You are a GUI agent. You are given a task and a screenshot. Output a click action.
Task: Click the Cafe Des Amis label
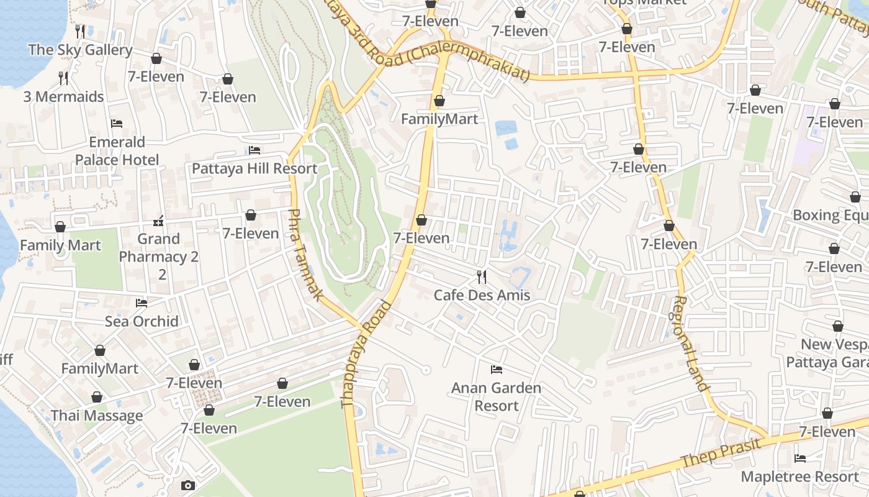(x=482, y=294)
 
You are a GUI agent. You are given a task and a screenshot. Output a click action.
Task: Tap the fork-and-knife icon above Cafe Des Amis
(x=482, y=276)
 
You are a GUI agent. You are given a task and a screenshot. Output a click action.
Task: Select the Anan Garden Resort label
(x=496, y=397)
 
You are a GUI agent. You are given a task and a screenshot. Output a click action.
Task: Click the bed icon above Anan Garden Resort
(x=496, y=370)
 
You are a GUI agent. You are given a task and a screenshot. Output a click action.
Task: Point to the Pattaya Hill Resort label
(x=254, y=168)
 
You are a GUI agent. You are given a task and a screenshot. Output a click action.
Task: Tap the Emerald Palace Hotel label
(x=117, y=151)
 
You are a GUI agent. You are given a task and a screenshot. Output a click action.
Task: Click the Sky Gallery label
(x=80, y=50)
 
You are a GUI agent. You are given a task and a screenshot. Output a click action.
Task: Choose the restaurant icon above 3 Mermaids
(x=63, y=78)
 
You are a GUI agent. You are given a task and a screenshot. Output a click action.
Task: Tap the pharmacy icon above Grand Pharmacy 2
(x=158, y=221)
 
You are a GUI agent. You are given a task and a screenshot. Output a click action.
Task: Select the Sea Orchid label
(x=142, y=321)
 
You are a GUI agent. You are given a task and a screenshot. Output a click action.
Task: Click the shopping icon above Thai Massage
(x=97, y=397)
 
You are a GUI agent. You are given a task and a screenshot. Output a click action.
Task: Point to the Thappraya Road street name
(x=366, y=354)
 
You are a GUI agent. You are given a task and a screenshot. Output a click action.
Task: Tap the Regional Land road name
(x=690, y=343)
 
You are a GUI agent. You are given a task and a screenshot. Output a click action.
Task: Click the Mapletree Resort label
(x=799, y=476)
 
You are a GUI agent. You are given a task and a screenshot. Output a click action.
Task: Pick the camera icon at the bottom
(x=187, y=485)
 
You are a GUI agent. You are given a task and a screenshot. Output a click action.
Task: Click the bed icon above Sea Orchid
(x=142, y=303)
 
